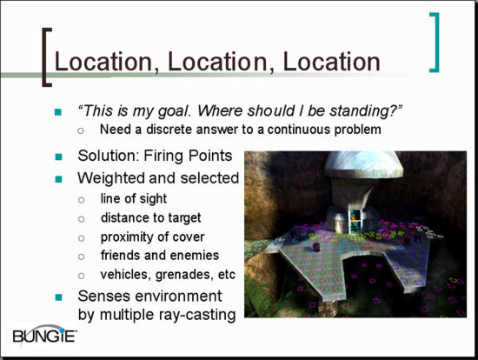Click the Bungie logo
point(44,335)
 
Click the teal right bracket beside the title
point(436,43)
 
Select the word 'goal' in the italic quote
point(174,111)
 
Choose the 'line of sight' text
point(134,199)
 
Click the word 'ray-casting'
point(198,315)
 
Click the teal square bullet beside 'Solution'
point(58,157)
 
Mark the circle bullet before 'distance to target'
point(81,219)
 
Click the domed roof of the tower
point(363,164)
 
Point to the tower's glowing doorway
point(355,222)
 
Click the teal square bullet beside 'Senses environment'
point(58,297)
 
